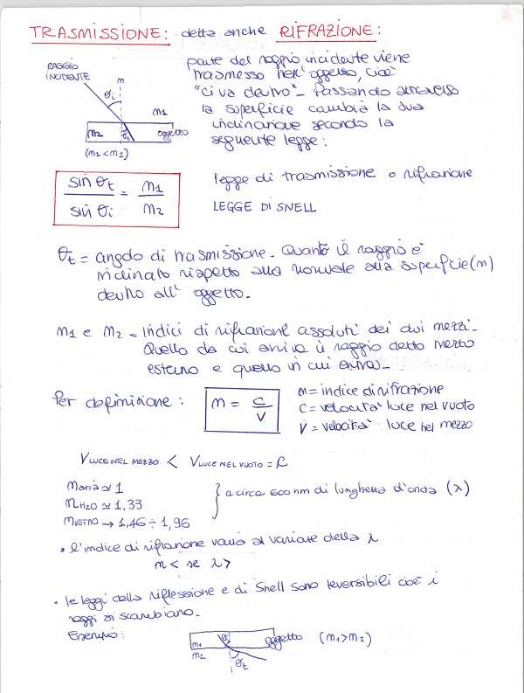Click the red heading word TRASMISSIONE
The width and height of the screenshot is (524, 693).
click(x=98, y=32)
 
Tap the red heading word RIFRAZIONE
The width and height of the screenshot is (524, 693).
click(x=328, y=32)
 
